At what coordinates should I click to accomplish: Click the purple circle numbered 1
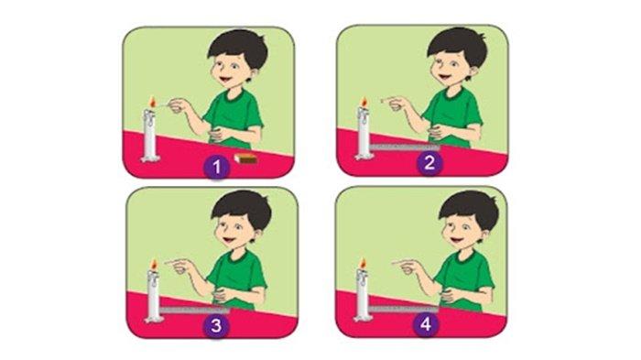[216, 167]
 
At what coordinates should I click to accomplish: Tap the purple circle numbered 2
[429, 163]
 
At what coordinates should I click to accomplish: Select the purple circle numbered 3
[216, 325]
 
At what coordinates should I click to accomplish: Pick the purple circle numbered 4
[426, 324]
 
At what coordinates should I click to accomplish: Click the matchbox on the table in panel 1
[245, 158]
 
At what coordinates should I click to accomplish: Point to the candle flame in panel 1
[153, 102]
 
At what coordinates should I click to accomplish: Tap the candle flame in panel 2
[364, 102]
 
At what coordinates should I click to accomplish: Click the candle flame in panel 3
[154, 264]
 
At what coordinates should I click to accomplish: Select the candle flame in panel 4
[363, 263]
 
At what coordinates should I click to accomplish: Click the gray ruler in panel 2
[405, 147]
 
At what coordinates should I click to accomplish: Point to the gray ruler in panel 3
[194, 311]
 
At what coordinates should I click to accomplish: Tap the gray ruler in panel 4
[404, 309]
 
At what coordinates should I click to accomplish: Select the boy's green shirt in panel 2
[453, 116]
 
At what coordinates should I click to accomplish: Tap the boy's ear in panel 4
[484, 237]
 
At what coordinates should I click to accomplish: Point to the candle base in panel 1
[150, 158]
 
